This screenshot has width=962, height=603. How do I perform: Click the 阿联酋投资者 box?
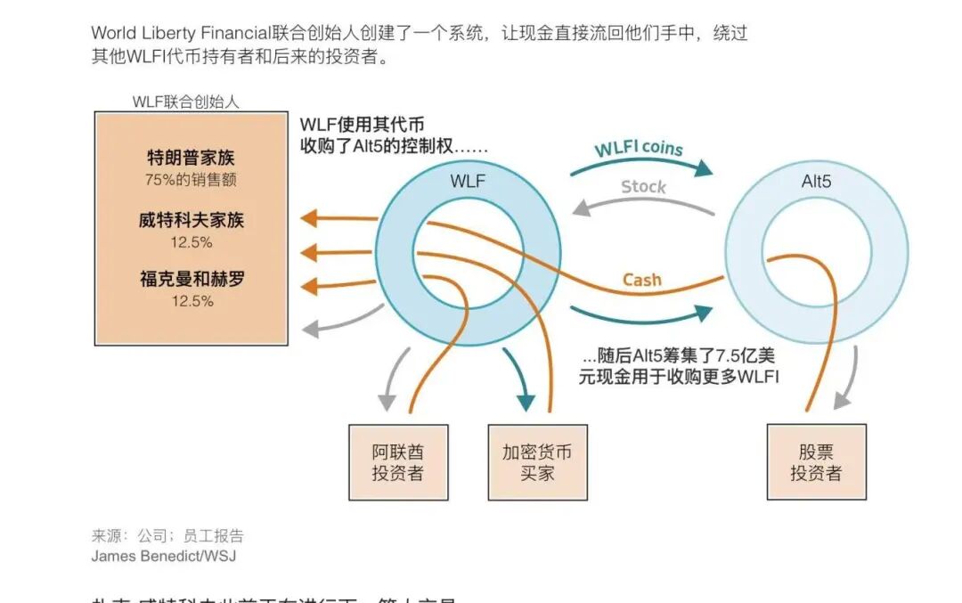tap(397, 461)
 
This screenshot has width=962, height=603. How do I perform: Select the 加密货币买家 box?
tap(537, 461)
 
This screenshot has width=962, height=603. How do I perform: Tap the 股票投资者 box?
tap(816, 461)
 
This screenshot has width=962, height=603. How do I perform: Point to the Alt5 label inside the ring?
tap(816, 182)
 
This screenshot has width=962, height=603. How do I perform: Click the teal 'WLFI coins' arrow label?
tap(639, 148)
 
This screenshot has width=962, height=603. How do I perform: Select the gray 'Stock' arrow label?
tap(643, 186)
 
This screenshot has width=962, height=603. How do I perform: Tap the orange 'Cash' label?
tap(641, 280)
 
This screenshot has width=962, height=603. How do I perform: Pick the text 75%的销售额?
tap(192, 180)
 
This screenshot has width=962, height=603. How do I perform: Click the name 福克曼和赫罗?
tap(192, 280)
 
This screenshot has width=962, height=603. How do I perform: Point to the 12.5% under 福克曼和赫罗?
tap(192, 301)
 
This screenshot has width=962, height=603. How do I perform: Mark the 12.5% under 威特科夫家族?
tap(192, 242)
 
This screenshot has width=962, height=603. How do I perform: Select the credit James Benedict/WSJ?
tap(164, 556)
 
